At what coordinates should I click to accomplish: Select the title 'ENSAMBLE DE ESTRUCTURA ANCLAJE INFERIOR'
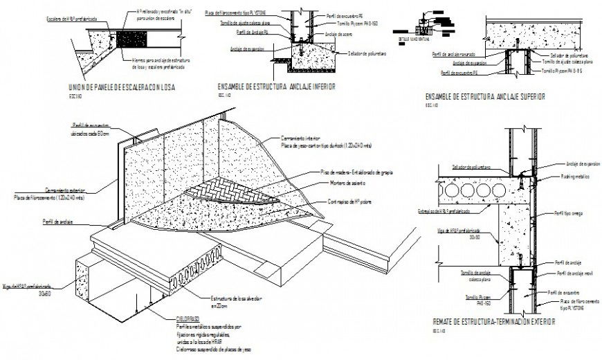tap(276, 87)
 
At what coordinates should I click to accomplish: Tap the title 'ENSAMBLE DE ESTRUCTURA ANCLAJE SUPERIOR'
tap(485, 98)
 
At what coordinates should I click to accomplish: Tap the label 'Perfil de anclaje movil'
tap(571, 274)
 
